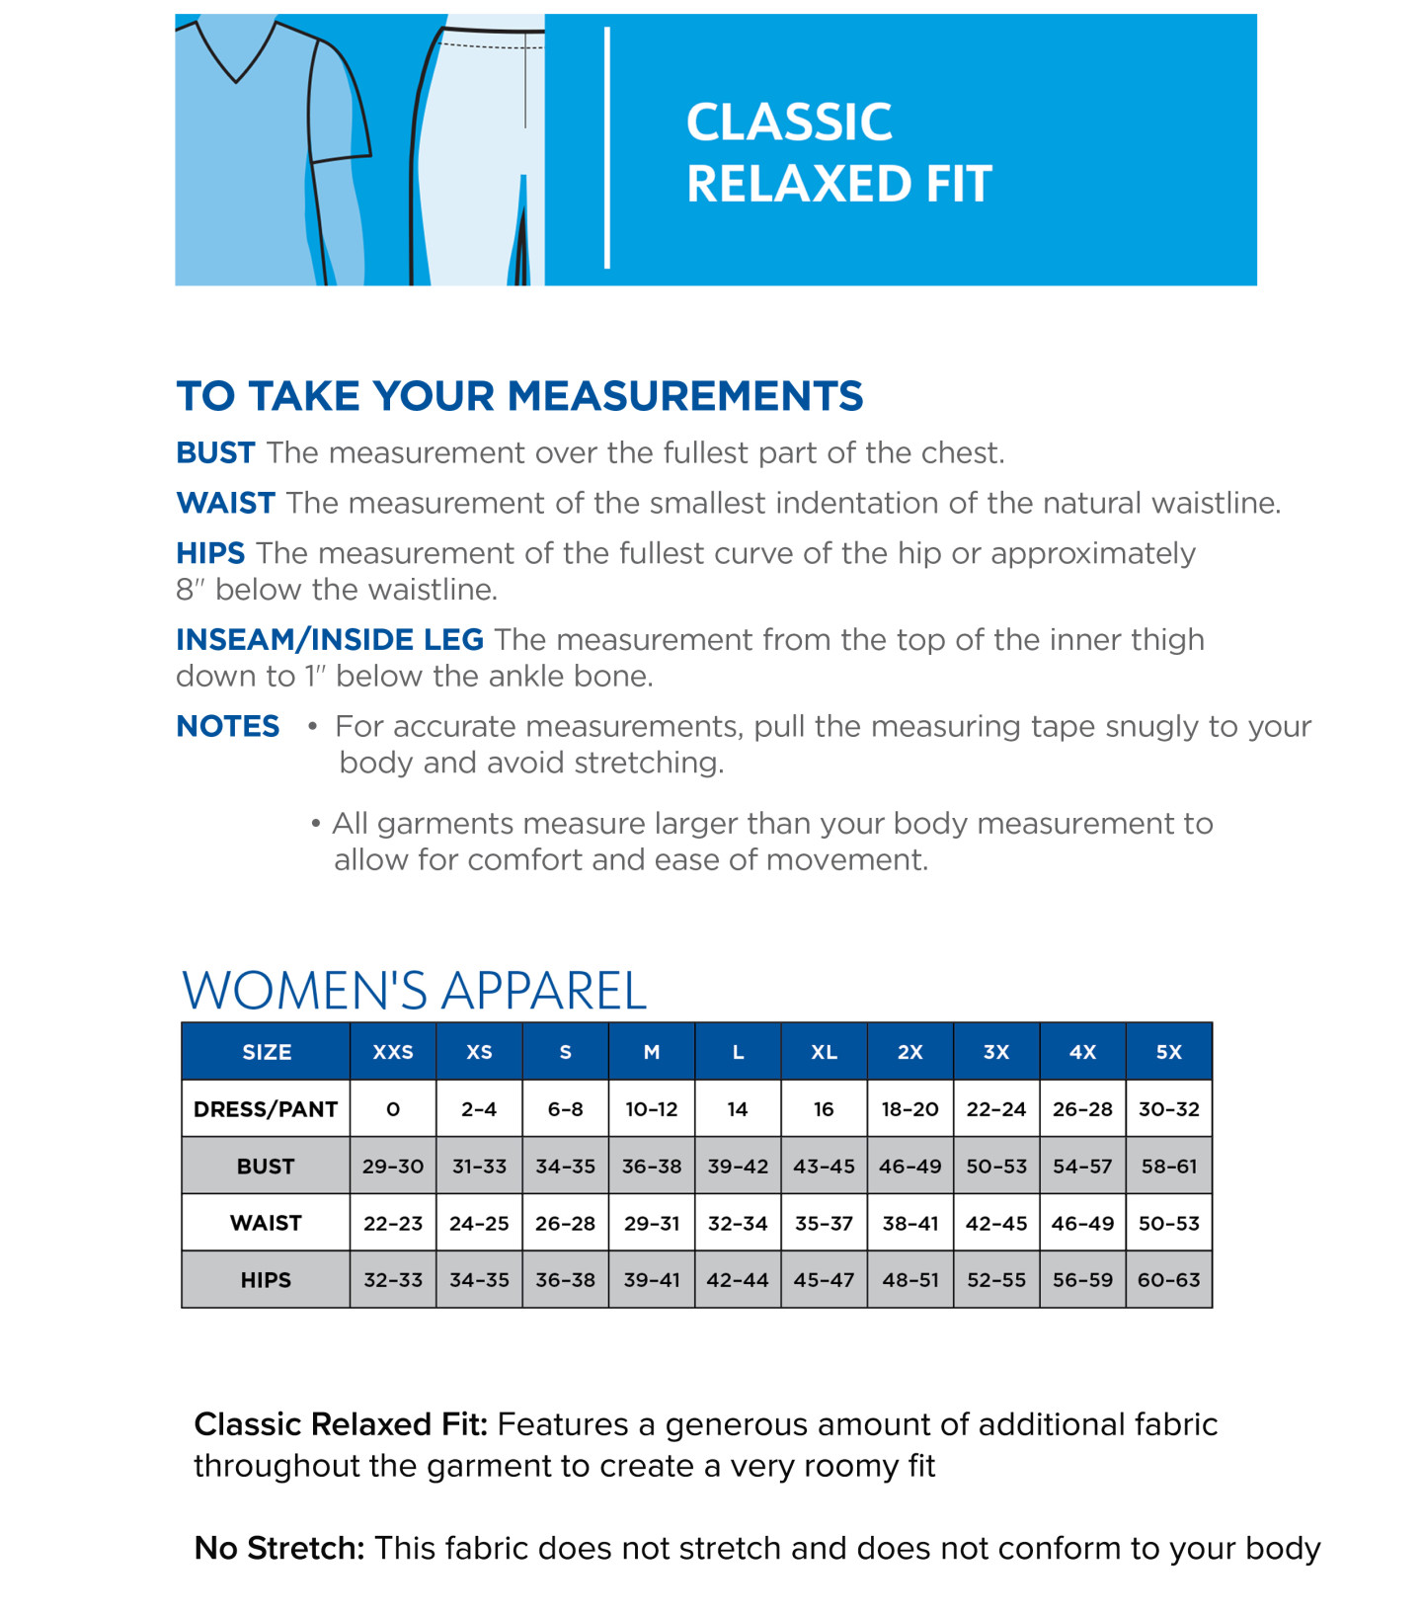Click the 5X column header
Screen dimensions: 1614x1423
1168,1052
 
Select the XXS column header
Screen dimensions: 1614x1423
392,1052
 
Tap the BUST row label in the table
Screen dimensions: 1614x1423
266,1167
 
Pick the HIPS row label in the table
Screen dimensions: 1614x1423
266,1280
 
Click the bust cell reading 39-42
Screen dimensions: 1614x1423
738,1167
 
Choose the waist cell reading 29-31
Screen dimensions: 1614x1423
652,1224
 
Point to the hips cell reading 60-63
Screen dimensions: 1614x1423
1168,1280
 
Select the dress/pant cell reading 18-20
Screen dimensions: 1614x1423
909,1109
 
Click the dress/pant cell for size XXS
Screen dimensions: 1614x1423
392,1109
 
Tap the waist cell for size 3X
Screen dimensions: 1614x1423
996,1224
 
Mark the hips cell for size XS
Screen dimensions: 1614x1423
479,1280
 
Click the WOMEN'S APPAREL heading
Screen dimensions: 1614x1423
414,990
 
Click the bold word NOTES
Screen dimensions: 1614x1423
228,727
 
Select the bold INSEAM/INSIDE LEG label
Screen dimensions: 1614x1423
330,640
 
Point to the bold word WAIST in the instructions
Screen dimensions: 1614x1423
225,504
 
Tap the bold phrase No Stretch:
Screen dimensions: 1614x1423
279,1548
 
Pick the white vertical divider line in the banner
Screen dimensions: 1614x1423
607,148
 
